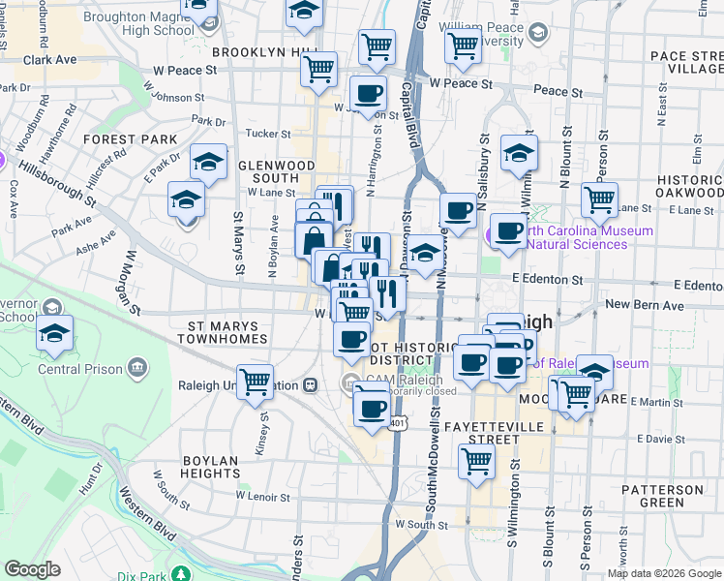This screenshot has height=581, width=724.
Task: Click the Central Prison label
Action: tap(80, 369)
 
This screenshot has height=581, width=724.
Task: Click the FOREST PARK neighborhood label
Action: tap(131, 139)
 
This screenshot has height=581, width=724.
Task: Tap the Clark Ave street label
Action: tap(50, 59)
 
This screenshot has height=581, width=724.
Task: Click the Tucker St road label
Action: tap(268, 135)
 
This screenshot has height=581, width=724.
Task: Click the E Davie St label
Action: tap(666, 439)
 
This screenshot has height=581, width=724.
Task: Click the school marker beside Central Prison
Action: tap(53, 334)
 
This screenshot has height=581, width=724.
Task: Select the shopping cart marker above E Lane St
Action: tap(599, 199)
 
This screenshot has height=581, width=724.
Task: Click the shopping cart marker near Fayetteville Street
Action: tap(476, 462)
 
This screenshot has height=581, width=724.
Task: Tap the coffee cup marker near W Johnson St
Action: tap(368, 94)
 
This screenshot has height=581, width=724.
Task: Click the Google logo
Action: tap(33, 569)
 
